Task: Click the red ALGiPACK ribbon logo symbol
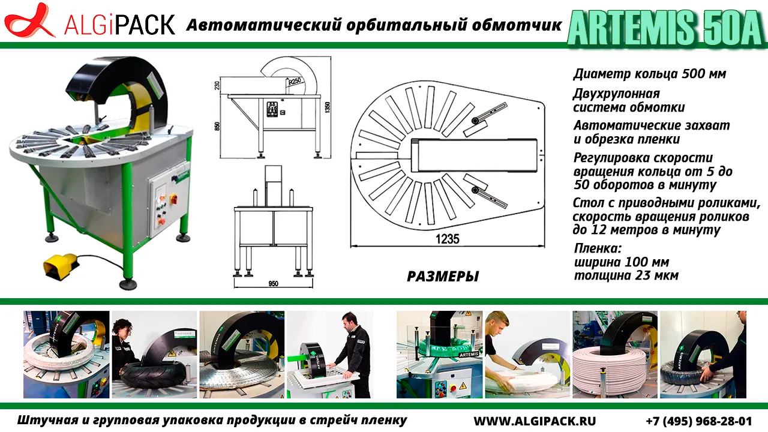29,20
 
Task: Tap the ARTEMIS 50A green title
666,28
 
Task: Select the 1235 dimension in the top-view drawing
447,239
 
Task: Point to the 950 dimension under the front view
273,284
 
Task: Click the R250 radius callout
295,81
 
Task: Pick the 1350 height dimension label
327,107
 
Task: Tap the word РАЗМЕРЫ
443,277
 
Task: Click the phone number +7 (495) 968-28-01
699,421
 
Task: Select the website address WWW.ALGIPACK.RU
535,421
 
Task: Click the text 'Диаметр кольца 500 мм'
650,74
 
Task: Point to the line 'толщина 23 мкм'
626,275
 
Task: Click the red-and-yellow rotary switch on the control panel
173,199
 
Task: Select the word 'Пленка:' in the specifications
598,248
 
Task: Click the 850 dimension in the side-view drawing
217,126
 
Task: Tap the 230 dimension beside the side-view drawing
217,85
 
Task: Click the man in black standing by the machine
352,353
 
